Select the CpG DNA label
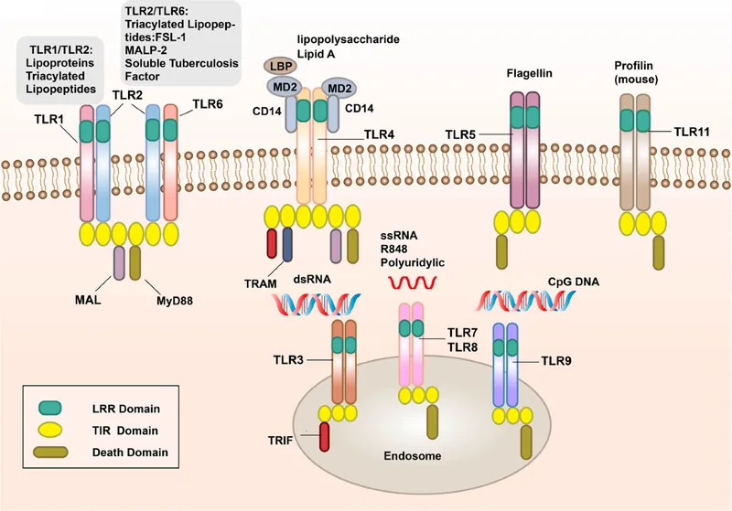[575, 282]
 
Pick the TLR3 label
[291, 359]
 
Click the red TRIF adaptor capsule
[324, 437]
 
